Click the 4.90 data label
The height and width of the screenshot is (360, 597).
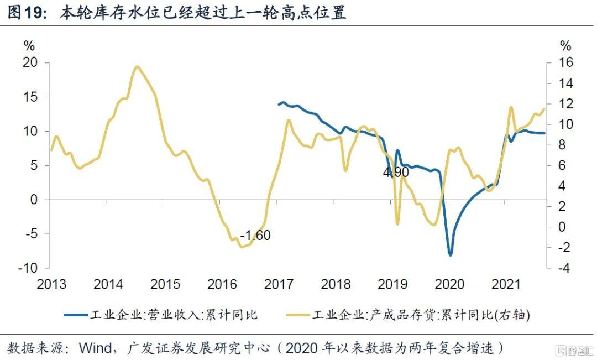coord(396,173)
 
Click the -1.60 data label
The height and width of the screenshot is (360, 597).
coord(255,235)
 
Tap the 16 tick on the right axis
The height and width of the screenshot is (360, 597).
coord(564,62)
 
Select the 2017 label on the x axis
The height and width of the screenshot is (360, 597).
coord(279,285)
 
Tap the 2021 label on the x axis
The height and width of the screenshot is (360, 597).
coord(506,285)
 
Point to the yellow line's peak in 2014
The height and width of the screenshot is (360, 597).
coord(137,67)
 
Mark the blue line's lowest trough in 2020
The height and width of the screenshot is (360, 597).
coord(451,255)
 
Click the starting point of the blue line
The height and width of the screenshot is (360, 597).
coord(279,104)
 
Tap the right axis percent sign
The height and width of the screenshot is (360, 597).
coord(565,45)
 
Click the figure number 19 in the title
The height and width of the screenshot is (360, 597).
coord(34,13)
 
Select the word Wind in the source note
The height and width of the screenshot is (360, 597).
coord(97,348)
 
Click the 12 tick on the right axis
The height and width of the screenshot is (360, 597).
coord(564,104)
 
